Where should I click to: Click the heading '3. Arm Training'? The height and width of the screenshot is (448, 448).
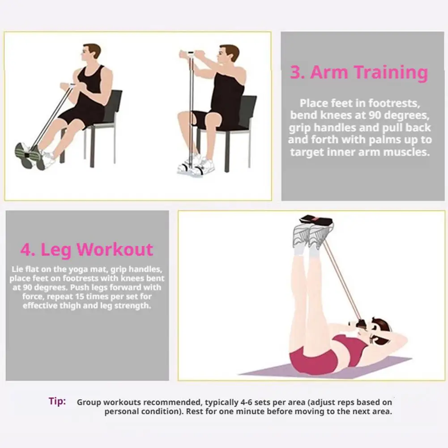pyautogui.click(x=359, y=73)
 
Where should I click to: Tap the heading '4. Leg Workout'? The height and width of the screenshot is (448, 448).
pyautogui.click(x=87, y=249)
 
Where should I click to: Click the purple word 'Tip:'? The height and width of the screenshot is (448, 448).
pyautogui.click(x=57, y=401)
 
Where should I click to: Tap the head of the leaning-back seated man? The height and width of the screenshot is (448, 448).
pyautogui.click(x=91, y=53)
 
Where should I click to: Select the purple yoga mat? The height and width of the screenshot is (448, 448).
pyautogui.click(x=323, y=367)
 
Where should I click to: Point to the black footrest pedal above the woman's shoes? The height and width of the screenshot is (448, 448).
pyautogui.click(x=316, y=221)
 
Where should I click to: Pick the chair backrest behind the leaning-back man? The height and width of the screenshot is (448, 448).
pyautogui.click(x=113, y=105)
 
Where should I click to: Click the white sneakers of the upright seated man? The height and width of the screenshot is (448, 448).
pyautogui.click(x=196, y=165)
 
